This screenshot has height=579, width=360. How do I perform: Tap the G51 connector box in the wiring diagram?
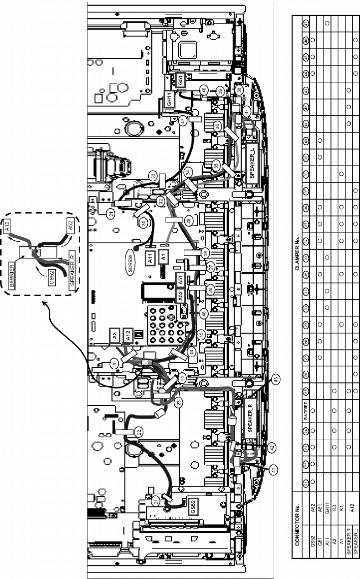coord(180,80)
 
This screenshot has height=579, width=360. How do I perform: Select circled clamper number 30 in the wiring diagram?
coord(144,222)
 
